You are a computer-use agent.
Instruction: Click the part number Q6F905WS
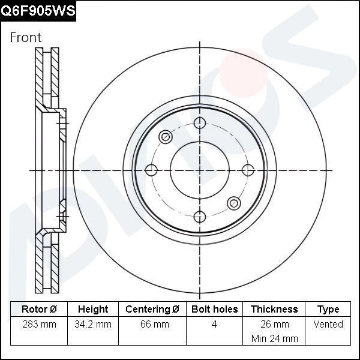coord(38,11)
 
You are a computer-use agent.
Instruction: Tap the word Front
coord(26,37)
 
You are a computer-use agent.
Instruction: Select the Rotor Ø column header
coord(39,309)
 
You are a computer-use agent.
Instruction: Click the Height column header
coord(93,309)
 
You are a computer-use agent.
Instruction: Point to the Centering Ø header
coord(152,309)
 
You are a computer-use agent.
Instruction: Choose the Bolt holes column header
coord(214,309)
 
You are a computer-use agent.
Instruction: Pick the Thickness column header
coord(274,309)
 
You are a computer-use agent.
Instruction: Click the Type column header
coord(328,309)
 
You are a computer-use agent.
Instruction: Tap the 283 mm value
coord(39,324)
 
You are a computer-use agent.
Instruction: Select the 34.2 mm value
coord(93,324)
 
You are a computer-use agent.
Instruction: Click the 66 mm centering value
coord(152,324)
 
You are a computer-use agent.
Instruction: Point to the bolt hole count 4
coord(214,324)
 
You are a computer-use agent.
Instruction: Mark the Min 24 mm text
coord(274,338)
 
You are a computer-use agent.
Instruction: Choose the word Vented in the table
coord(328,324)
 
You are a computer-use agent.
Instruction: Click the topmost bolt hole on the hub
coord(199,124)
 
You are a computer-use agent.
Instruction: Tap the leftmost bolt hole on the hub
coord(151,170)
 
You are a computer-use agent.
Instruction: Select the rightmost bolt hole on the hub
coord(247,170)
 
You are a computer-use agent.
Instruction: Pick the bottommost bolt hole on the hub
coord(199,217)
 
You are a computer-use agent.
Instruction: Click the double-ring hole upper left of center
coord(166,137)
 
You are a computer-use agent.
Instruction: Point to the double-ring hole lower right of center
coord(233,203)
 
